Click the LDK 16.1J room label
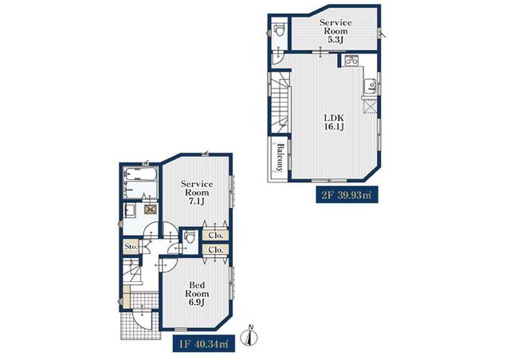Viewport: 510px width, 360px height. click(x=334, y=122)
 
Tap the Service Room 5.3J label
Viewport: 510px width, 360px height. click(x=335, y=31)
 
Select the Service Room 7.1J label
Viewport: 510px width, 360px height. click(x=197, y=193)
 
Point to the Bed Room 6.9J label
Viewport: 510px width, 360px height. click(x=197, y=294)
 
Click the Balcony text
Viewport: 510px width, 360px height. click(x=280, y=158)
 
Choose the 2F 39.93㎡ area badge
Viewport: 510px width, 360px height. click(x=347, y=195)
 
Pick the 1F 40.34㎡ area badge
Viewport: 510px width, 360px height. click(x=204, y=343)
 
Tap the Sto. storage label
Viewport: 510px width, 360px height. click(x=131, y=247)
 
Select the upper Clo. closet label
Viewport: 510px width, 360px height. click(x=216, y=235)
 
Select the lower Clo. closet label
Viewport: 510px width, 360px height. click(x=216, y=250)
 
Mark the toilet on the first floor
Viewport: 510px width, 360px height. click(x=190, y=237)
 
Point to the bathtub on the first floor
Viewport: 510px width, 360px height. click(x=140, y=175)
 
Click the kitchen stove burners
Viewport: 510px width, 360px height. click(x=351, y=61)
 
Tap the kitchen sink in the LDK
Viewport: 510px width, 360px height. click(x=371, y=86)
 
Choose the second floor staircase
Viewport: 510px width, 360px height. click(x=280, y=102)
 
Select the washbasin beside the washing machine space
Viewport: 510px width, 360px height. click(x=131, y=210)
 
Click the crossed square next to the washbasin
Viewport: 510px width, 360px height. click(x=151, y=209)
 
